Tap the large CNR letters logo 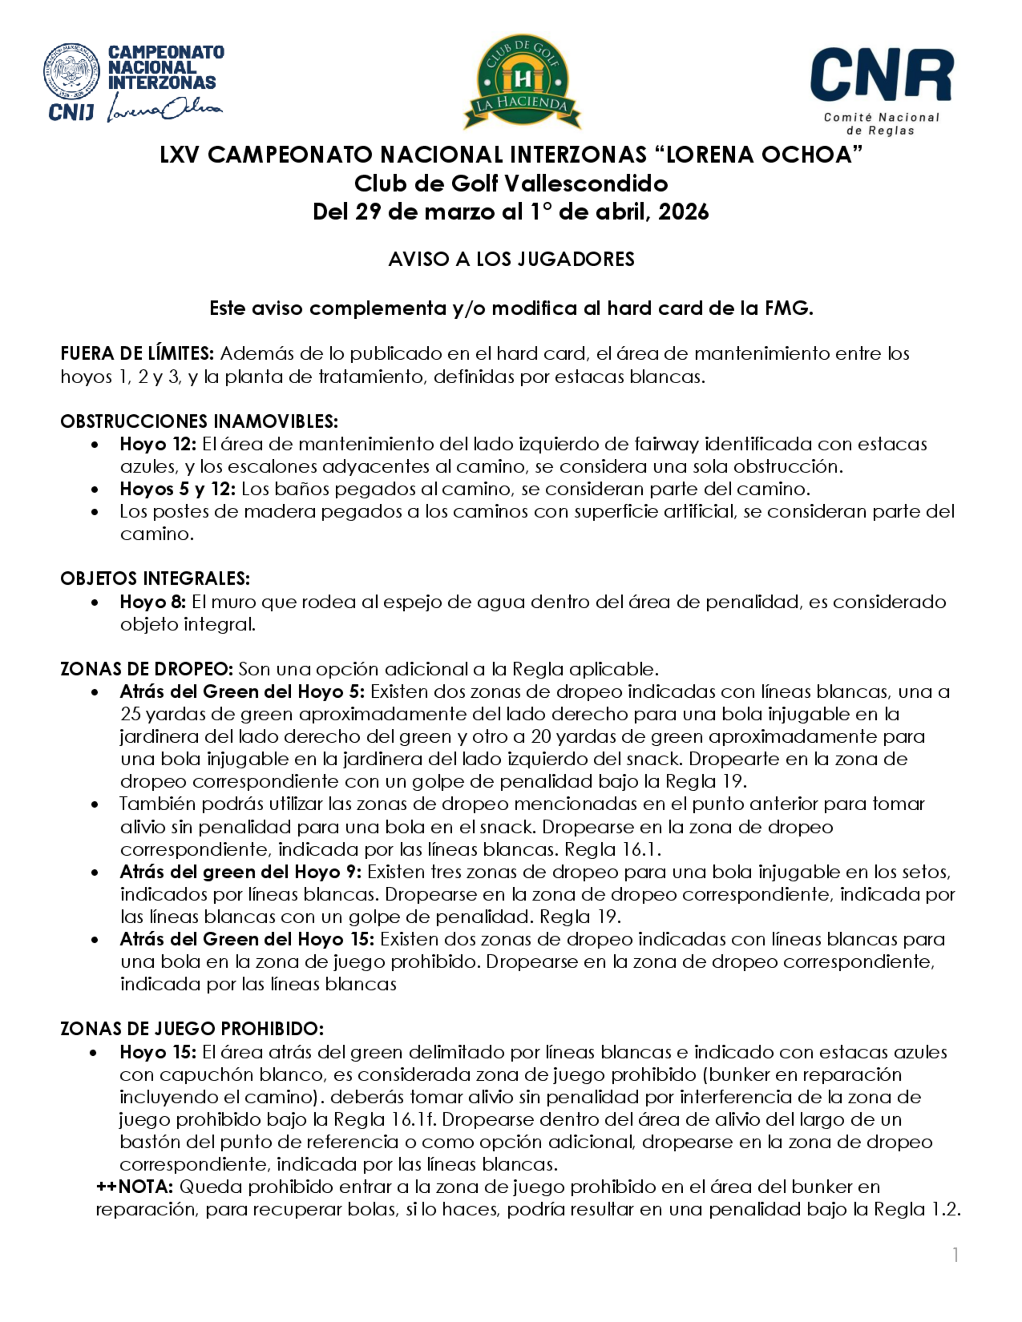coord(881,75)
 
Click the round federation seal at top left coord(72,72)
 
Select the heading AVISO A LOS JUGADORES coord(511,259)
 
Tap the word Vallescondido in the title coord(586,183)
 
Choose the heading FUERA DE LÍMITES coord(137,353)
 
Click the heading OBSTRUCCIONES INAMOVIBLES coord(199,421)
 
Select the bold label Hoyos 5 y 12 coord(177,489)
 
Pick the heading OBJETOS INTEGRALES coord(154,579)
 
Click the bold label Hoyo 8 coord(154,602)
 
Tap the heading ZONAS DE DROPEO coord(147,670)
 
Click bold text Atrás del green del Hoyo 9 coord(240,872)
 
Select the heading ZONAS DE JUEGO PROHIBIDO coord(192,1029)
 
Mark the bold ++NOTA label coord(135,1187)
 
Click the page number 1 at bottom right coord(956,1256)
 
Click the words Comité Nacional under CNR coord(881,117)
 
